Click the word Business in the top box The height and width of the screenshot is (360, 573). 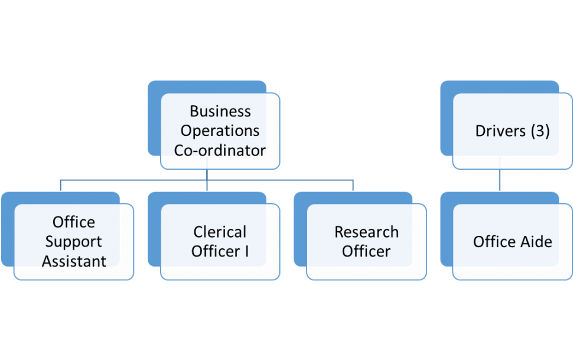220,111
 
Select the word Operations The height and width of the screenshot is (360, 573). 220,131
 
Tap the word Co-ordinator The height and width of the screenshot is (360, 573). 220,150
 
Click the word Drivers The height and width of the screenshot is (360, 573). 500,131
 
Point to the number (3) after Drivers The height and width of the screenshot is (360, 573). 540,131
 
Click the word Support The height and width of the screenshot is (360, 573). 74,242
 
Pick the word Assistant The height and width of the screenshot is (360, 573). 74,261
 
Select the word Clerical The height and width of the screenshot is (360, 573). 220,232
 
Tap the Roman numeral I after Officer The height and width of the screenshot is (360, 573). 246,251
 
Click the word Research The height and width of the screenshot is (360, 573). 366,232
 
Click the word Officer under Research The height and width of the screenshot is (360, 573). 366,251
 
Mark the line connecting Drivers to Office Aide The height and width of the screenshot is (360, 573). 500,180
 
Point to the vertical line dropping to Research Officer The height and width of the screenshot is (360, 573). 353,186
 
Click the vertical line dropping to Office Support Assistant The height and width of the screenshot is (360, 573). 61,186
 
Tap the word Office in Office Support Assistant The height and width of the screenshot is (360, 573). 74,222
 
